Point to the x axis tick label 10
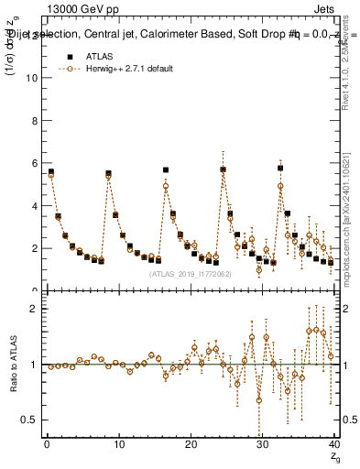[119, 444]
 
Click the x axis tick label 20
[191, 444]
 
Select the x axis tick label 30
[263, 444]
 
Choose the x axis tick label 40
[334, 444]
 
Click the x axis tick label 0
[47, 444]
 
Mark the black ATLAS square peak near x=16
[166, 169]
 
